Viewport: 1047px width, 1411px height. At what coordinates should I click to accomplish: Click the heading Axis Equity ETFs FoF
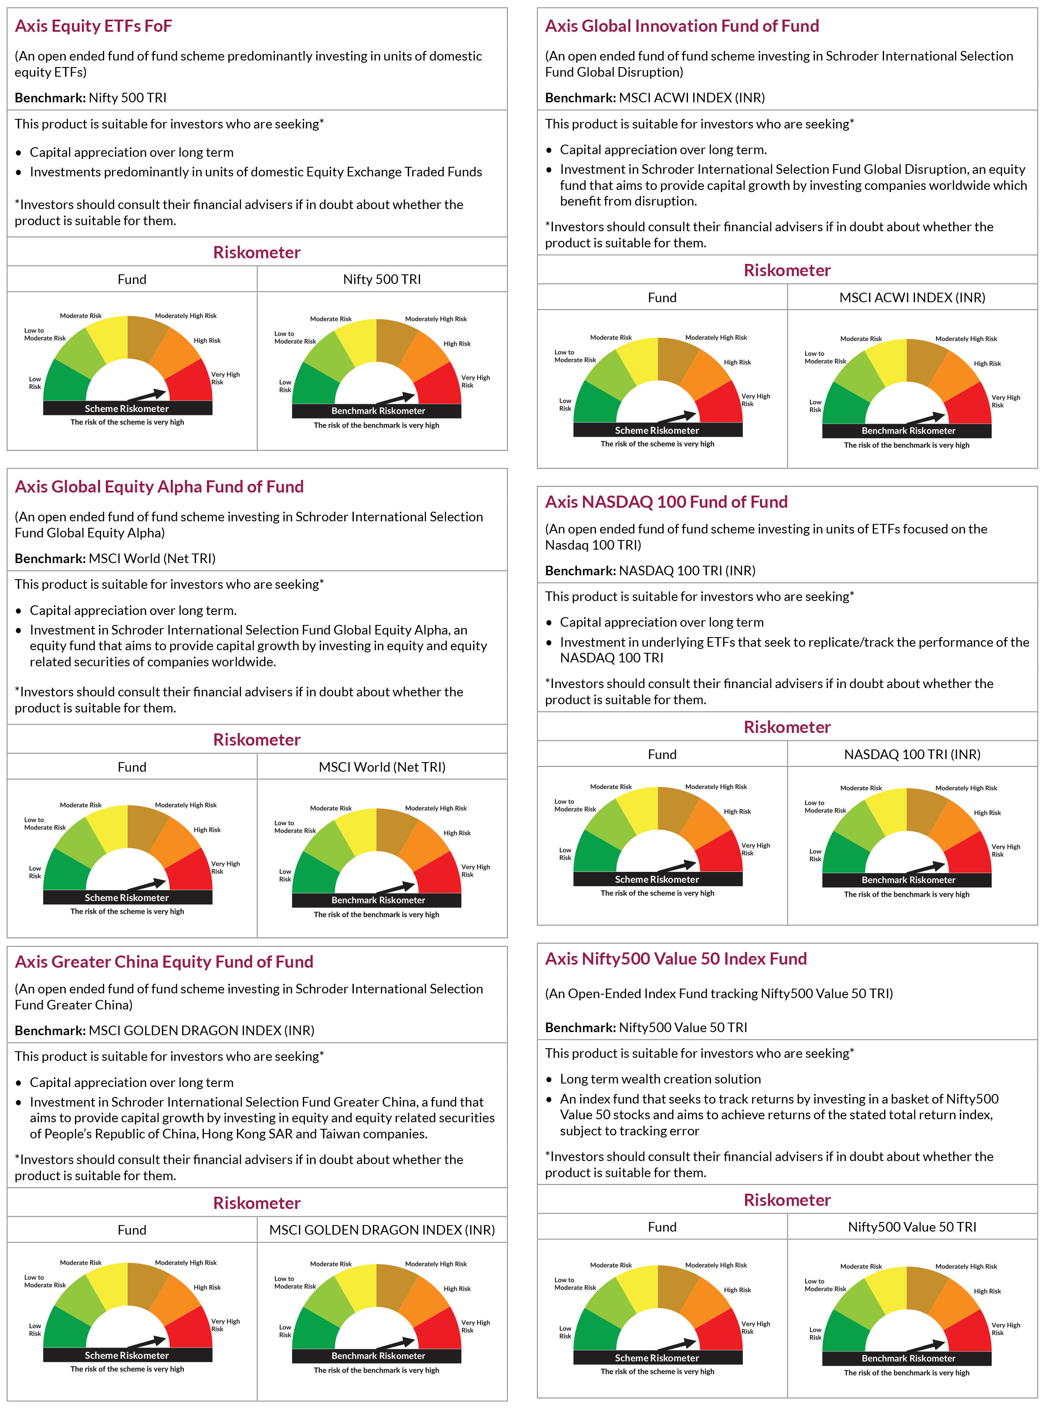93,26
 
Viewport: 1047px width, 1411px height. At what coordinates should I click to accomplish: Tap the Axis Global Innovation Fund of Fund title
682,26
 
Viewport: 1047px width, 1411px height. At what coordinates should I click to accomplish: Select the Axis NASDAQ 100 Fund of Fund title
666,502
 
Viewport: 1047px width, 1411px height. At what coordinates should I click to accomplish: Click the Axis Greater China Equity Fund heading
164,962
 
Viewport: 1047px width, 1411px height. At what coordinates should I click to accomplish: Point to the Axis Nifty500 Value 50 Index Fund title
676,958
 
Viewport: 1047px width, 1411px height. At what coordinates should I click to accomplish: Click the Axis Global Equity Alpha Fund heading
159,486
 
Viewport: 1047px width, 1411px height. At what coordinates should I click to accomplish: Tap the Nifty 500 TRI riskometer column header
382,279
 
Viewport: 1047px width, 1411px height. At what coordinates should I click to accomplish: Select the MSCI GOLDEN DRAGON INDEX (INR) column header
382,1230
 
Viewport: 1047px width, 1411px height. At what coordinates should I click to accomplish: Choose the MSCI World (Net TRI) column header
382,767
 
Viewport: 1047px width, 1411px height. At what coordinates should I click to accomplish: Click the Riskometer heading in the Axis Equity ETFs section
257,252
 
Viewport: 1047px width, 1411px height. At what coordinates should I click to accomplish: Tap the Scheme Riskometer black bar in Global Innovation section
657,430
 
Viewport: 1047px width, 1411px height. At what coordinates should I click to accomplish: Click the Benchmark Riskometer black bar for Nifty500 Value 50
908,1358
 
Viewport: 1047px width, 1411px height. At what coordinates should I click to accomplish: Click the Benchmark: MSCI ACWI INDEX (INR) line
655,98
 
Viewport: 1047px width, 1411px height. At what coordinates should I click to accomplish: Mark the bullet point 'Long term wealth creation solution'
661,1079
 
